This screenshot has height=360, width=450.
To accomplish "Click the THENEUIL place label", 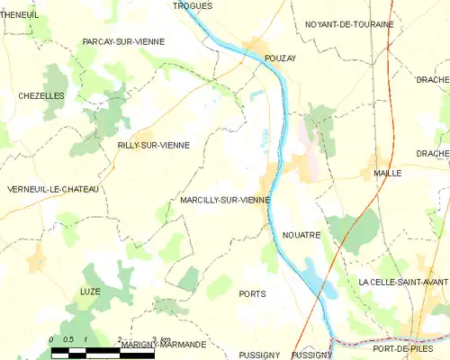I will (20, 14).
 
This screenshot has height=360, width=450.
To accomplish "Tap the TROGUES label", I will (193, 5).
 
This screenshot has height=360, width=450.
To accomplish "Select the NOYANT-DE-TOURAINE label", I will (348, 24).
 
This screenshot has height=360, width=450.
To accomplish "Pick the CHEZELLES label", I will (41, 95).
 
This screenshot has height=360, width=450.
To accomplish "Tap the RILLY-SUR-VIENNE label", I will (153, 145).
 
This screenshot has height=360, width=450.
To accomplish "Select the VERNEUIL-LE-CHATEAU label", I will (51, 189).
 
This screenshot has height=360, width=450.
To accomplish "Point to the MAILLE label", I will (387, 173).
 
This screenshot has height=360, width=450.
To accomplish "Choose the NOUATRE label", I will (301, 235).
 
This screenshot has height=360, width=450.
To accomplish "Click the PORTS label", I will (253, 294).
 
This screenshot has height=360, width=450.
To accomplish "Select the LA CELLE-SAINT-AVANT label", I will (402, 283).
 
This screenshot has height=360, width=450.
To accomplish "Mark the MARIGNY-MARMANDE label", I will (163, 345).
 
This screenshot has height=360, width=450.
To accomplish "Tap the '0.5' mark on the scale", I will (67, 339).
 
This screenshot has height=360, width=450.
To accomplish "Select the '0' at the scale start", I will (52, 339).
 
